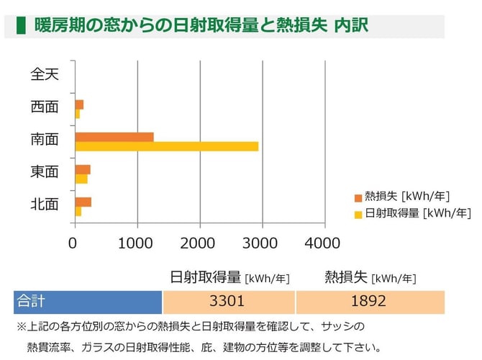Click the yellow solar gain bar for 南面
tap(166, 146)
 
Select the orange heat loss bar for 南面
tap(114, 137)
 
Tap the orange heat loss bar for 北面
tap(83, 202)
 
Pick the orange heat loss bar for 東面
tap(82, 169)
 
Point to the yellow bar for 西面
tap(77, 114)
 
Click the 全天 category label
tap(44, 73)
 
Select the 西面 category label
tap(44, 107)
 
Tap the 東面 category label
tap(44, 171)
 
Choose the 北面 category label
tap(44, 204)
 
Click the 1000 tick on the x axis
tap(135, 243)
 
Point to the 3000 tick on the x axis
tap(261, 243)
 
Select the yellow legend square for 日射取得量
tap(358, 213)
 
